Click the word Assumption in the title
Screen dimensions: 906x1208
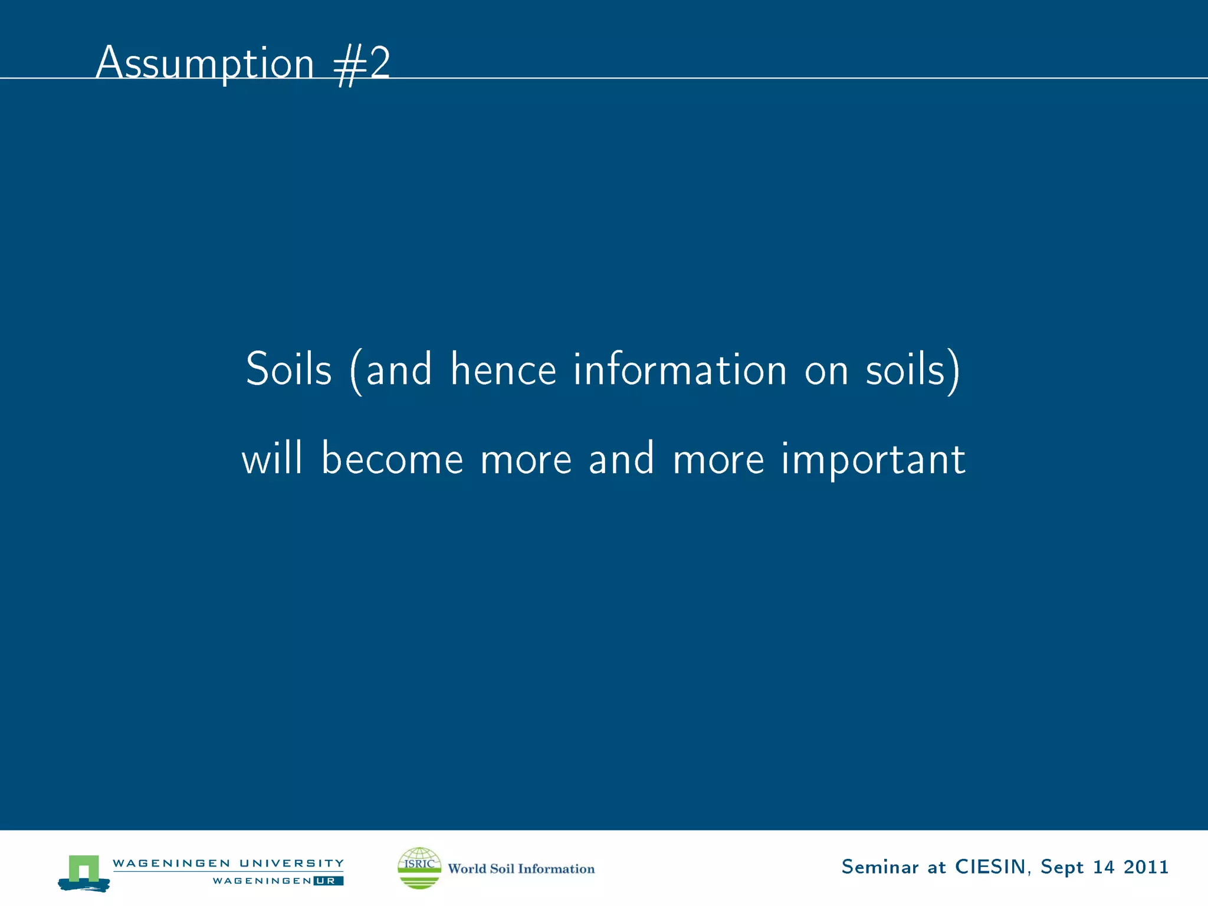[205, 63]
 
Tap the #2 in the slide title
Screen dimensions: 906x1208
[362, 65]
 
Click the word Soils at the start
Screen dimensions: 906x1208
[288, 370]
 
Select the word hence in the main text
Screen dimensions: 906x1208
[503, 370]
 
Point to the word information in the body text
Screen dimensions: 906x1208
[680, 370]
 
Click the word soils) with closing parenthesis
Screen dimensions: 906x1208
[912, 371]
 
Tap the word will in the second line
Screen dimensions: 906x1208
[272, 458]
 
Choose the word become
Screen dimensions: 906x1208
[392, 458]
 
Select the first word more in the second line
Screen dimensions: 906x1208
[526, 459]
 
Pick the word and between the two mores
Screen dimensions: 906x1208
[622, 458]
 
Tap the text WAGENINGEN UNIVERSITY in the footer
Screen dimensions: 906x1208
[228, 863]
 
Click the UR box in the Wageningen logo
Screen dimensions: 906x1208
[328, 881]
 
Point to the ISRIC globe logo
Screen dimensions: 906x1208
[419, 868]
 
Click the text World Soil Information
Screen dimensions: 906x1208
[521, 869]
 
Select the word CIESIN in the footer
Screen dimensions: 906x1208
[990, 867]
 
